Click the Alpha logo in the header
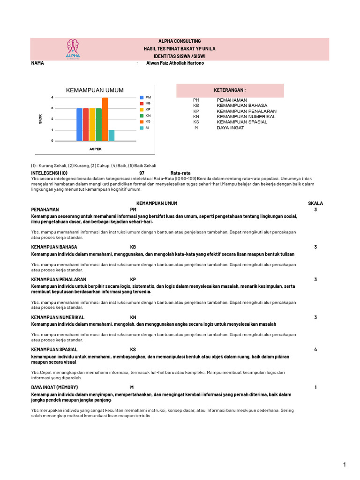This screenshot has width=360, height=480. (x=73, y=49)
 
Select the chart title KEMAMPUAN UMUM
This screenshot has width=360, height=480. (x=95, y=90)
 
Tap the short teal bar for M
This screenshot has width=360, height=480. (x=112, y=135)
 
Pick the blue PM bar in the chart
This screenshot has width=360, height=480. (x=79, y=124)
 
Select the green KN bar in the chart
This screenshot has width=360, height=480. (x=98, y=124)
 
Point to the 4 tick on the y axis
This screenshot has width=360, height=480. (x=52, y=97)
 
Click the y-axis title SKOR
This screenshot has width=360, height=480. (x=41, y=119)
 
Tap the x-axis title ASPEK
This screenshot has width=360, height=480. (x=96, y=149)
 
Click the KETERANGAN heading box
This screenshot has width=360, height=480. (x=230, y=90)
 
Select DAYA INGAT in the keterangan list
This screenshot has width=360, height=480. (x=230, y=127)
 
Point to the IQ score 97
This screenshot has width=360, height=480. (x=142, y=173)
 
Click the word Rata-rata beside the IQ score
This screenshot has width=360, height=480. (x=180, y=173)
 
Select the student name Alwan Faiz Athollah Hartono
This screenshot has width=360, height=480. (x=175, y=63)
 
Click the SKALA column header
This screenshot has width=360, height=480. (x=315, y=203)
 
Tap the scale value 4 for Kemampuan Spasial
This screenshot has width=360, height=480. (x=315, y=350)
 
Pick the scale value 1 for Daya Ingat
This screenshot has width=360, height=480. (x=315, y=387)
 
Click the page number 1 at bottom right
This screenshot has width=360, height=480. (x=344, y=465)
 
